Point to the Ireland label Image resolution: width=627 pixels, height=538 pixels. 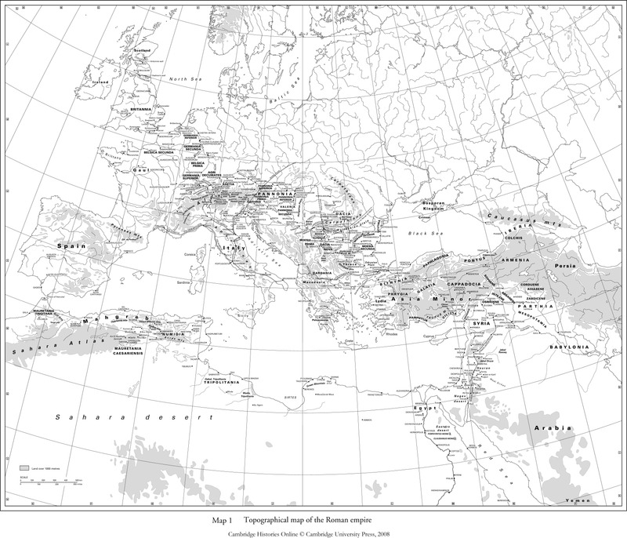coord(100,82)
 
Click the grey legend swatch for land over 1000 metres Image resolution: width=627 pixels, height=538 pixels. coord(24,467)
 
